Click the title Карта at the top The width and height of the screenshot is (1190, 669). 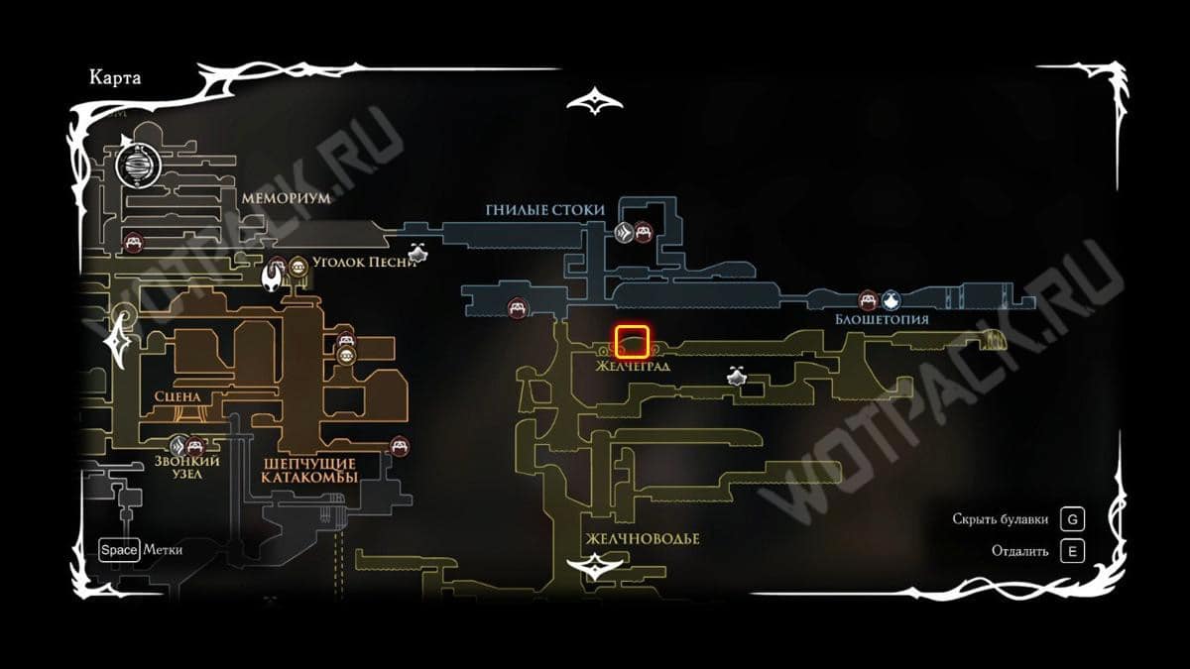coord(115,79)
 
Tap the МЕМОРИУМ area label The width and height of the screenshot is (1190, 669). coord(283,197)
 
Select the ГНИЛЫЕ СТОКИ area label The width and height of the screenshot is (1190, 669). coord(545,210)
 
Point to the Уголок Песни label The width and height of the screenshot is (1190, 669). coord(357,265)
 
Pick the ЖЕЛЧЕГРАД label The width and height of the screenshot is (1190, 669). coord(633,366)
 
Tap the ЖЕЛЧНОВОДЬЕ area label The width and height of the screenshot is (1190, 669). coord(642,538)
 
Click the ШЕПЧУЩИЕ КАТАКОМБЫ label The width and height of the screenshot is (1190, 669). coord(308,470)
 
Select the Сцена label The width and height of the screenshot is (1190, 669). coord(178,396)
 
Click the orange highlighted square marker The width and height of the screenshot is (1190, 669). coord(632,342)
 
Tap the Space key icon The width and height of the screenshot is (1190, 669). coord(118,549)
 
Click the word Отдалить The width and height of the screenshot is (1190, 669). coord(1019,551)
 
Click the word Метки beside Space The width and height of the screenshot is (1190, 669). coord(163,549)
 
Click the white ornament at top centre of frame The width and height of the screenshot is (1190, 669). coord(595,100)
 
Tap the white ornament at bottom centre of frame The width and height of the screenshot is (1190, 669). coord(595,567)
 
